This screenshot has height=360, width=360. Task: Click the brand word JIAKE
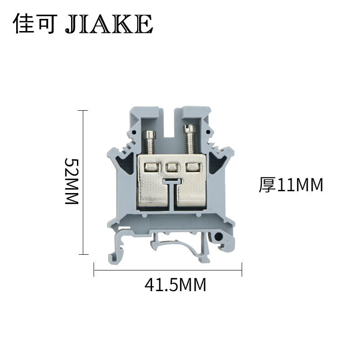point(109,23)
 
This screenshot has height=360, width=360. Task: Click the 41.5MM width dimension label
point(175,284)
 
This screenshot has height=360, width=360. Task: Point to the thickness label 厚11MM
point(291,185)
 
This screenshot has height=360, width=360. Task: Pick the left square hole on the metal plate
point(150,168)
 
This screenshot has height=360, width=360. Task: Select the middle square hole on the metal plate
point(171,168)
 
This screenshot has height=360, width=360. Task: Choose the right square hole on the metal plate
point(193,168)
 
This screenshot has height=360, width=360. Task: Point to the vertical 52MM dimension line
point(82,182)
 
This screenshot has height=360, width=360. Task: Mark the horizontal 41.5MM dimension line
point(167,270)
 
